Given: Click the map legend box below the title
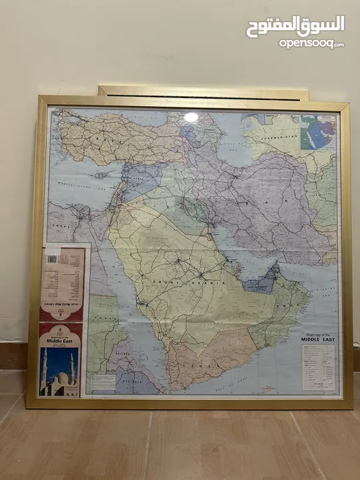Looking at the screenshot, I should (318, 367).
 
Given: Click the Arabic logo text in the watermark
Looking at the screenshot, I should (295, 26).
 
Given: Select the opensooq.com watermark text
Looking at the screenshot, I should (311, 44).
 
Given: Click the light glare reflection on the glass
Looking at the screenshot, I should (191, 117).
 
